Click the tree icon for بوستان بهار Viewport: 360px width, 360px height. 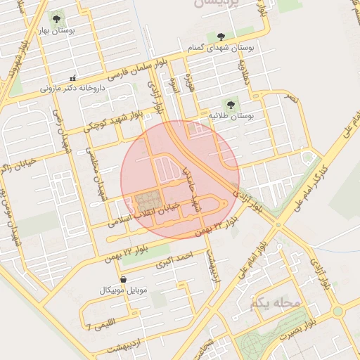tap(56, 19)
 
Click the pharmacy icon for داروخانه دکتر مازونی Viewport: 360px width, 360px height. tap(72, 78)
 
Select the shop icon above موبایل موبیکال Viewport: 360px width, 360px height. tap(124, 280)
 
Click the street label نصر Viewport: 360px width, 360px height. tap(291, 101)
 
